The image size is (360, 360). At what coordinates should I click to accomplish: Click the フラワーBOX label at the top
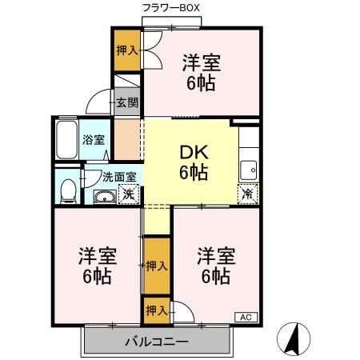click(170, 8)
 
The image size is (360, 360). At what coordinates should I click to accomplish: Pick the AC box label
click(246, 318)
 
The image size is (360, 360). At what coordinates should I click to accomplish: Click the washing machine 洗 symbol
click(126, 194)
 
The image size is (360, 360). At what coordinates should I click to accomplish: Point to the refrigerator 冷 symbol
click(247, 193)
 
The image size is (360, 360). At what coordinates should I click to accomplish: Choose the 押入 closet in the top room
click(125, 50)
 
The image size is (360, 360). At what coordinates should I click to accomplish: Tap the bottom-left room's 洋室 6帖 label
click(97, 266)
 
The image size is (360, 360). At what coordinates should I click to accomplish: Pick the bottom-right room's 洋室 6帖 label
click(217, 266)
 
